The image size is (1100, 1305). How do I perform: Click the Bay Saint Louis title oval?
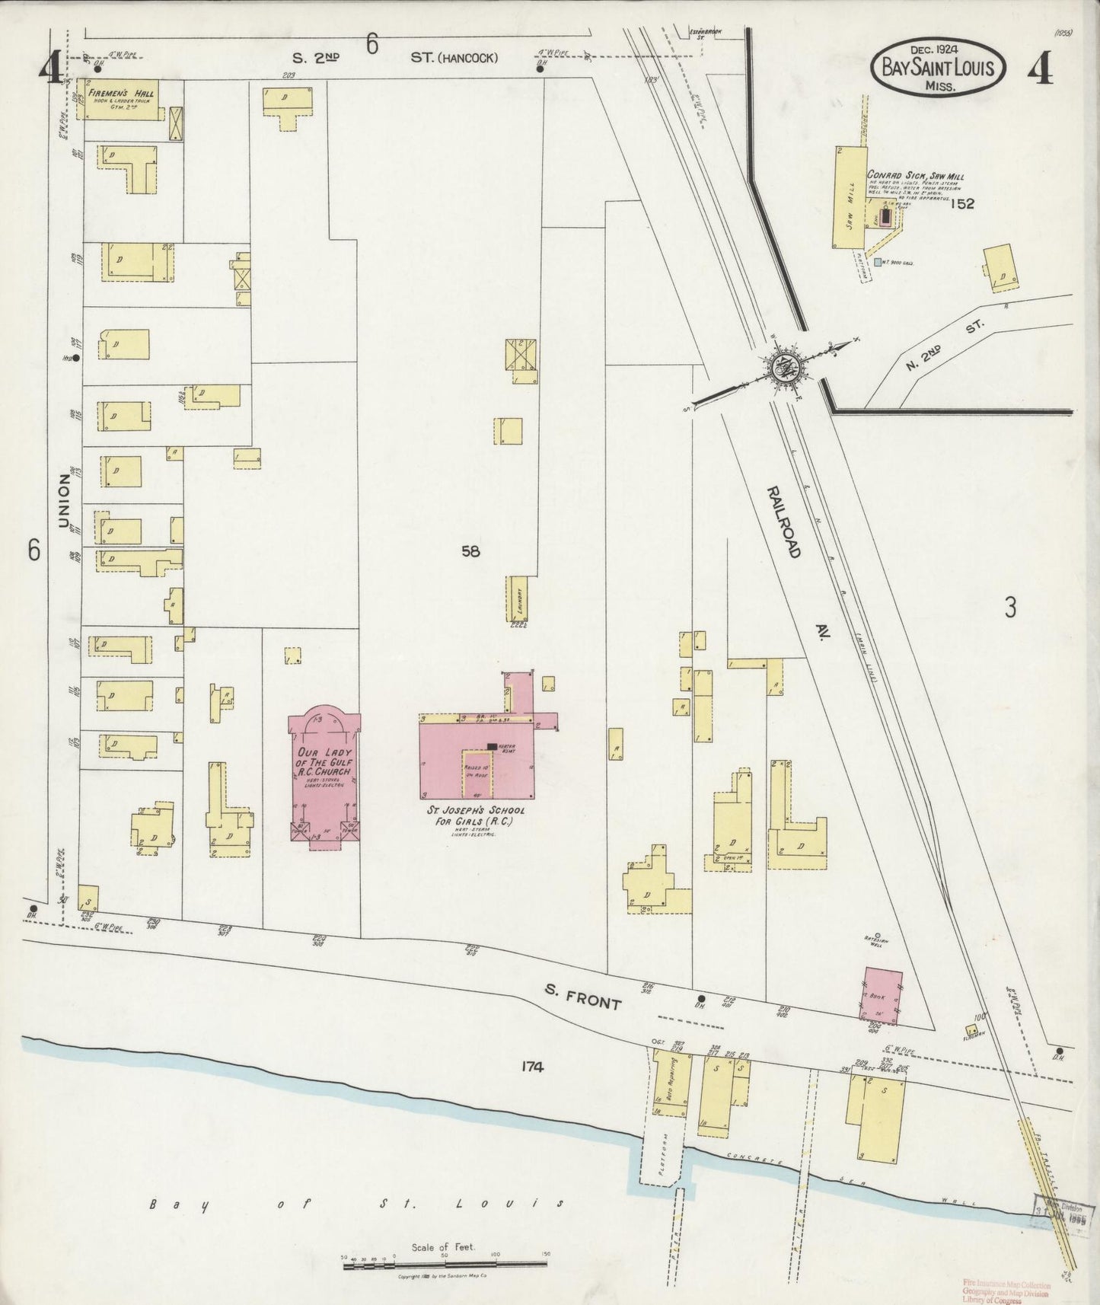click(x=937, y=69)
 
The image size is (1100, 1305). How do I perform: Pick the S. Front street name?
click(x=582, y=997)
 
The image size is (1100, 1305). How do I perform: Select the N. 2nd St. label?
click(x=945, y=347)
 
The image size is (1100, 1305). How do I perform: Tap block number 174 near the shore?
click(x=531, y=1067)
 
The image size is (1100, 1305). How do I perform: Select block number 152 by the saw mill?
click(x=962, y=203)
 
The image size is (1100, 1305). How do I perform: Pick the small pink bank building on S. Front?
click(x=882, y=994)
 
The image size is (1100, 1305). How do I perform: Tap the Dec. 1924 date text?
click(x=937, y=50)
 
